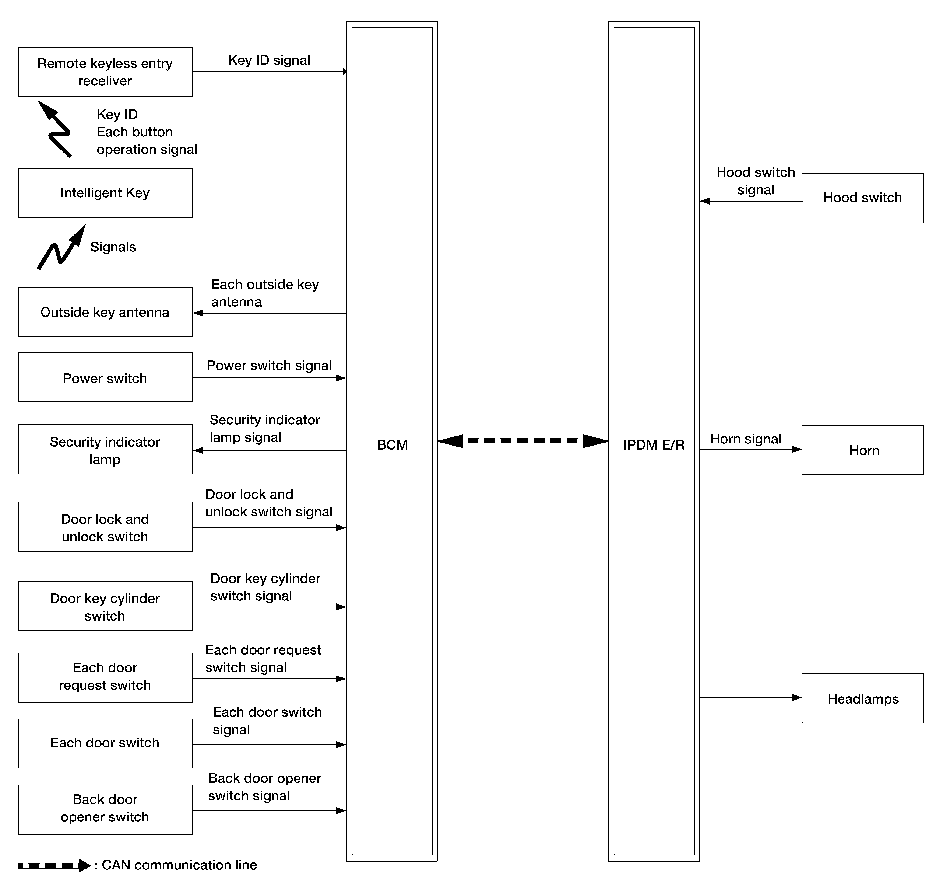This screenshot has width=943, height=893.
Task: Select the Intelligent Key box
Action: pyautogui.click(x=105, y=193)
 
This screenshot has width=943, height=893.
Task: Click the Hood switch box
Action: pyautogui.click(x=862, y=198)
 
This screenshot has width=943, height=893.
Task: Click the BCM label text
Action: pyautogui.click(x=392, y=445)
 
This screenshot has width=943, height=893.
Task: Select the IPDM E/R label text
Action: pyautogui.click(x=653, y=445)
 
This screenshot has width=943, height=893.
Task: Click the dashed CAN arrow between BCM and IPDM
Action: pyautogui.click(x=522, y=441)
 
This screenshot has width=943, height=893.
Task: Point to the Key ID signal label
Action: pyautogui.click(x=269, y=60)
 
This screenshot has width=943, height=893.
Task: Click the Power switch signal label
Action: pyautogui.click(x=269, y=365)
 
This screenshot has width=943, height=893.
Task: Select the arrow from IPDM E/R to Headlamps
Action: pyautogui.click(x=750, y=697)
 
